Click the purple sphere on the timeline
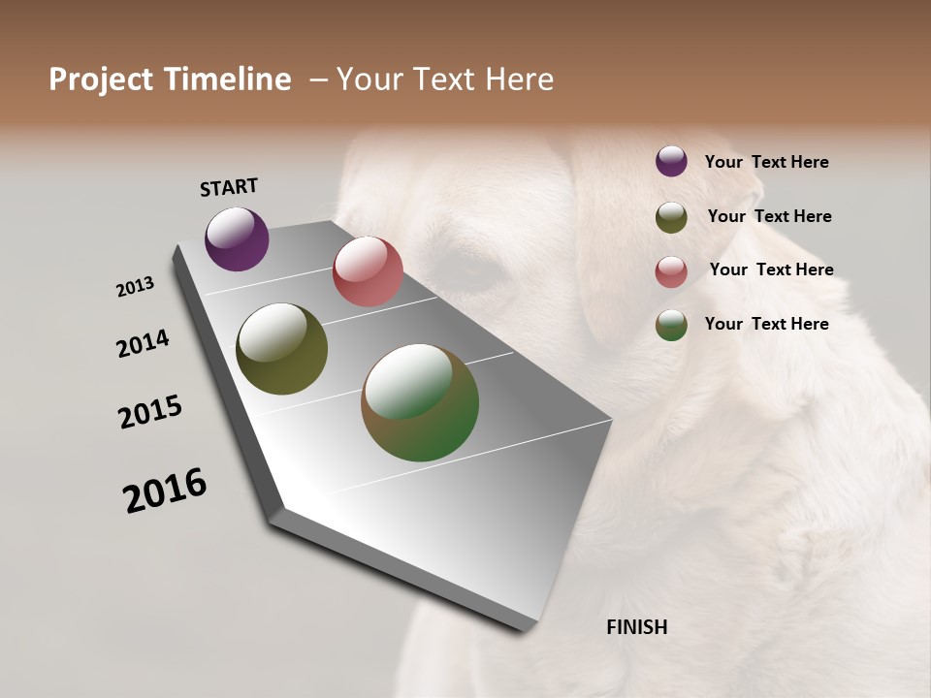[237, 238]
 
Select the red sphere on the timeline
[368, 271]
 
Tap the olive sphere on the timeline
[281, 349]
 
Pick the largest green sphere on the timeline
[420, 402]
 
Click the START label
[229, 187]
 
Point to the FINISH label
[636, 627]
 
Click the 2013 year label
[135, 287]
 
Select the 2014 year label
[143, 343]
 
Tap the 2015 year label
[150, 412]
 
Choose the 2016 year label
[165, 490]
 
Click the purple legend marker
[671, 162]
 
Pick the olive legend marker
[671, 217]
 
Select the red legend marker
[671, 271]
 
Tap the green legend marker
[671, 325]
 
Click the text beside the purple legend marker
[766, 162]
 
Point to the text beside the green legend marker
[766, 324]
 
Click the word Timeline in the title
[228, 79]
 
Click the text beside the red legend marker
[771, 270]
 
